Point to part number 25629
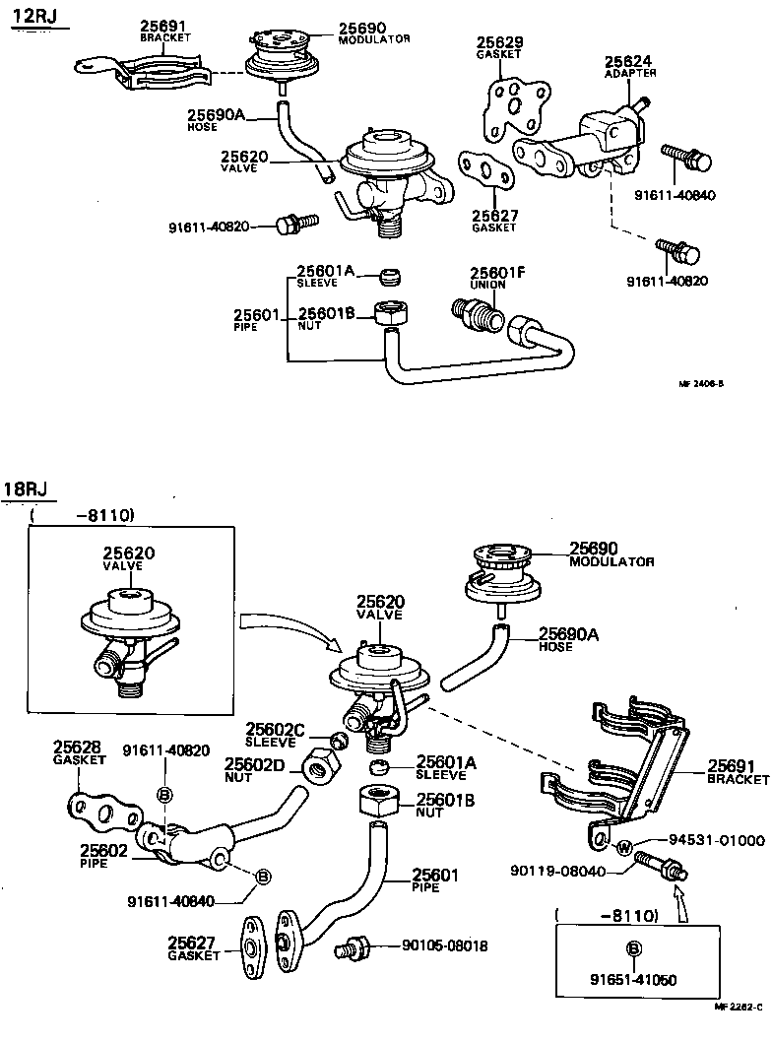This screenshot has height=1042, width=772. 500,43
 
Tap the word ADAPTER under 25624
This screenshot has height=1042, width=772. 629,73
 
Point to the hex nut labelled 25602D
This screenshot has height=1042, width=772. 321,764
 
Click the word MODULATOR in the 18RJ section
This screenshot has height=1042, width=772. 611,561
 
